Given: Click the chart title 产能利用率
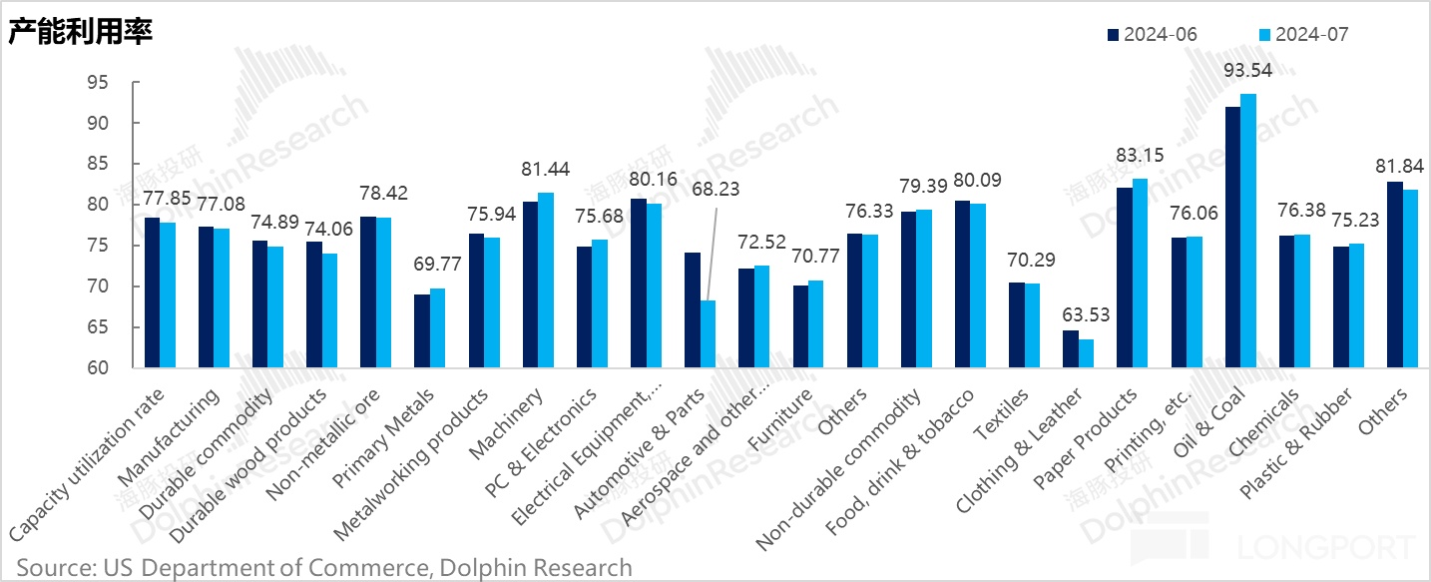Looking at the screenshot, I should pos(80,33).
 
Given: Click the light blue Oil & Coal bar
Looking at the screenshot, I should pos(1247,231).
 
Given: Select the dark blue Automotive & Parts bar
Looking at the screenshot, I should pos(693,309).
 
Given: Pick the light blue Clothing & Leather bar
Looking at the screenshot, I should pos(1086,353).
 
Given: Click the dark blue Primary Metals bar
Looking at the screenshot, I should pos(422,330).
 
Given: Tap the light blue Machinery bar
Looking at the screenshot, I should pos(545,280).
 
